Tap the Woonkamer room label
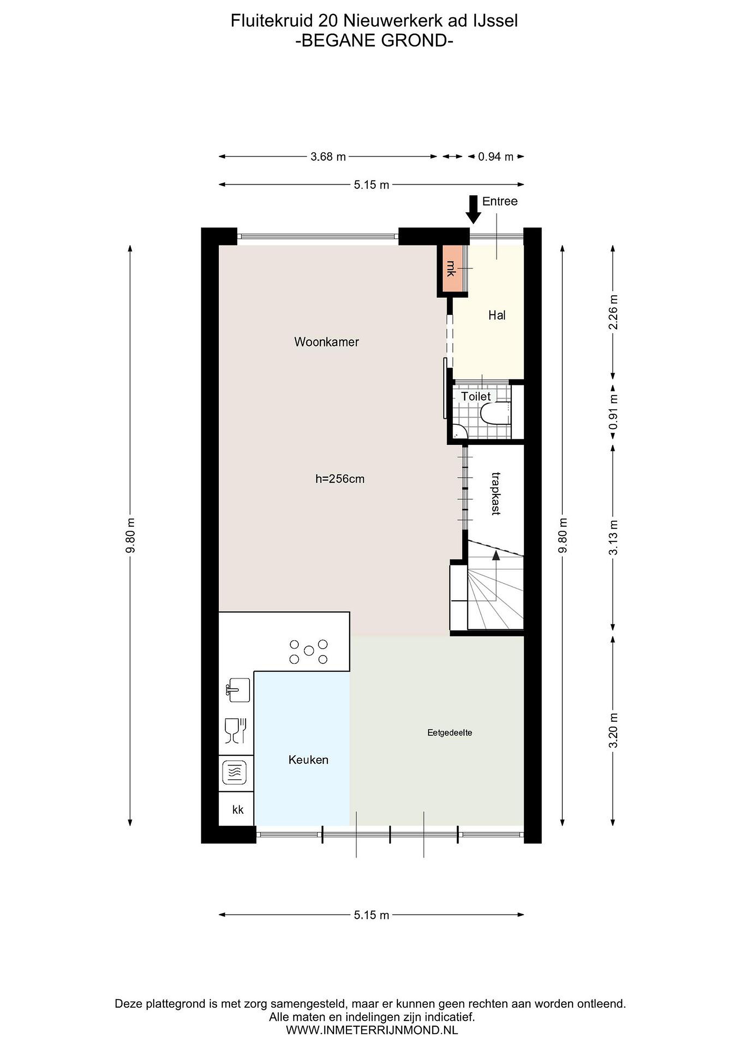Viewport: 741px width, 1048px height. coord(326,342)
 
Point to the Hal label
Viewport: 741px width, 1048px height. coord(497,315)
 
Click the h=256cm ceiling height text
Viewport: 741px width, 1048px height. coord(340,479)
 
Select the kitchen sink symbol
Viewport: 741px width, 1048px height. coord(238,690)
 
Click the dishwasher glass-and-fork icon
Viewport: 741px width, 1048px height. coord(236,730)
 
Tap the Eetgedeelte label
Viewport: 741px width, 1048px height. coord(449,733)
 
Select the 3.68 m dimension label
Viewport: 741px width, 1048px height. coord(328,157)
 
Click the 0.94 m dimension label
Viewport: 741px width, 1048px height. coord(495,157)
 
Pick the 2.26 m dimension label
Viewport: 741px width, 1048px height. coord(614,312)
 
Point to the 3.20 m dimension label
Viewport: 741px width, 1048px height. coord(614,730)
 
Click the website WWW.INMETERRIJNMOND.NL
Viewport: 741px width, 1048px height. coord(372,1030)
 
